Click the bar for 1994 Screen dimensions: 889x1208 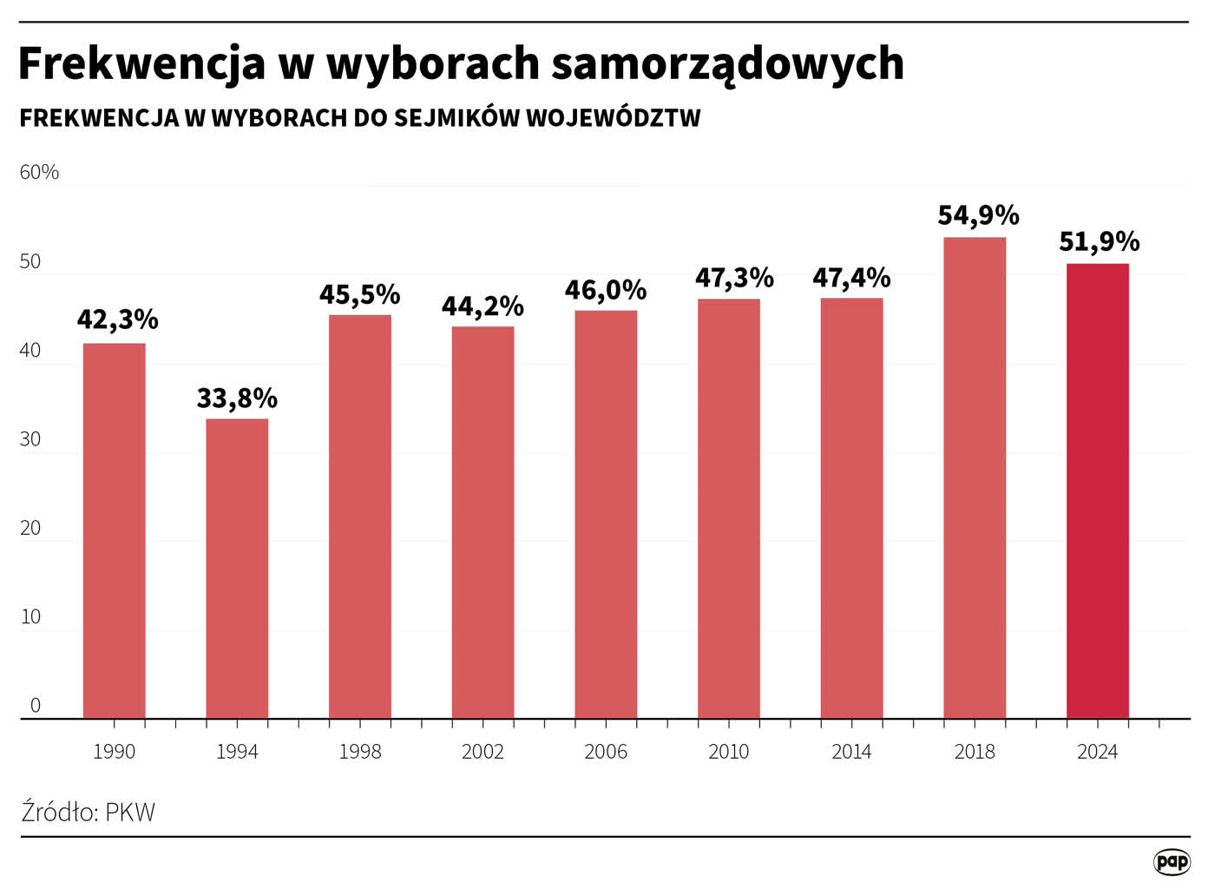[x=237, y=569]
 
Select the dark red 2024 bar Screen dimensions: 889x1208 [x=1098, y=491]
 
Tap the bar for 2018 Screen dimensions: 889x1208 [x=975, y=477]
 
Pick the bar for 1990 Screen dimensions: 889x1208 [x=114, y=530]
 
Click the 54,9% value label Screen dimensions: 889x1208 [x=978, y=214]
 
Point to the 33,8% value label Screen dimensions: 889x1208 [x=237, y=398]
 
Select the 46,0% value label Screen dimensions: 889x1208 [x=606, y=289]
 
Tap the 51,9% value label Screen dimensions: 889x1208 [x=1099, y=240]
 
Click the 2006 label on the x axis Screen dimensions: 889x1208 [x=606, y=751]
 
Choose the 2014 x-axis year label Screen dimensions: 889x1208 [x=851, y=751]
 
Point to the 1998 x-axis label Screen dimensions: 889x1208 [x=360, y=751]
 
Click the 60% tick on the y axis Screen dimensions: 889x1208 [x=39, y=172]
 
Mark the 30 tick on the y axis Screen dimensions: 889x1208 [x=30, y=439]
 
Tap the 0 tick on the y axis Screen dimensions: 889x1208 [x=35, y=705]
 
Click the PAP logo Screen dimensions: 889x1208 [x=1172, y=861]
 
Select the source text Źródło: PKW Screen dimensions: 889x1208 [x=88, y=812]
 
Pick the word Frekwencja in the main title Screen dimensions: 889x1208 [x=141, y=63]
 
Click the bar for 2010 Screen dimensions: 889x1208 [x=729, y=509]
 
